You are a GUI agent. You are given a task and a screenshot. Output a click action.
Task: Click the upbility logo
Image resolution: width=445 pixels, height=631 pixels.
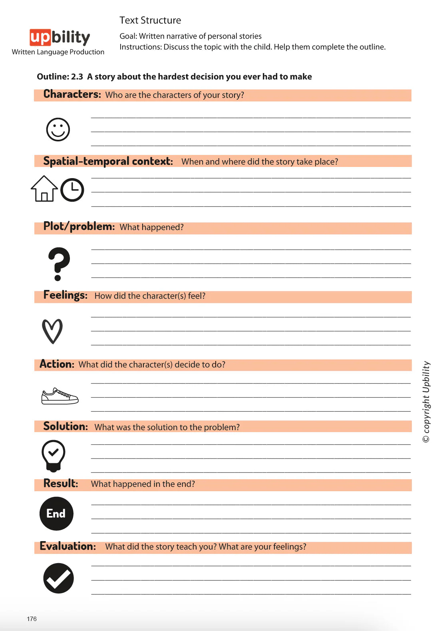(x=60, y=37)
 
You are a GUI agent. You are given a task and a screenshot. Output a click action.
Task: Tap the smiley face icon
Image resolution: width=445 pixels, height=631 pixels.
(x=58, y=129)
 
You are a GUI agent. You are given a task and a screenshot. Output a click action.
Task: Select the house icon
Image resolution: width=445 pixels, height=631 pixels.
(x=44, y=189)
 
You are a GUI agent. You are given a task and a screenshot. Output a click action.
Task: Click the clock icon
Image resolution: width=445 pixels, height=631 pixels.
(x=72, y=190)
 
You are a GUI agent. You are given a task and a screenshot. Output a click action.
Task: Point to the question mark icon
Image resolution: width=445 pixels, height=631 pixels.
(x=59, y=264)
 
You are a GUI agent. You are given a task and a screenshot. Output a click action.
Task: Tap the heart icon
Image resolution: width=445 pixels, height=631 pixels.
(x=52, y=331)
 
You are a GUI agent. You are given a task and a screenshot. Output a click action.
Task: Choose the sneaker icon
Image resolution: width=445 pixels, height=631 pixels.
(x=60, y=396)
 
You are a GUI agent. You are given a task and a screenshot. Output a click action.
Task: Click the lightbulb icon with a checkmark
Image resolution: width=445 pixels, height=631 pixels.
(x=53, y=456)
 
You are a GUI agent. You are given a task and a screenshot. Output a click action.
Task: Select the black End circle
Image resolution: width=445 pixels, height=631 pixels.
(x=56, y=514)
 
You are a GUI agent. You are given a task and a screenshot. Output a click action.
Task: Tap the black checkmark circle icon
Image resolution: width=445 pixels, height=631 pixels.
(x=58, y=578)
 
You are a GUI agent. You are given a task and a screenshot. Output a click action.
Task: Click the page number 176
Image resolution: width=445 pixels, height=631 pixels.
(x=32, y=619)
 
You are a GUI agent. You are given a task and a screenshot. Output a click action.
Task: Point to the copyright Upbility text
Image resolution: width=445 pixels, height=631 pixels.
(x=426, y=402)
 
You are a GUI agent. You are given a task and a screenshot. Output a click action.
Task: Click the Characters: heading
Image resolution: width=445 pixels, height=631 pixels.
(x=72, y=94)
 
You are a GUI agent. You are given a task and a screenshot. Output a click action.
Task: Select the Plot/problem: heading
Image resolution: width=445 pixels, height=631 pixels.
(x=79, y=226)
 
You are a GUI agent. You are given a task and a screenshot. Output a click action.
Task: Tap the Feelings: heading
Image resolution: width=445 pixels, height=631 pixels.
(x=65, y=295)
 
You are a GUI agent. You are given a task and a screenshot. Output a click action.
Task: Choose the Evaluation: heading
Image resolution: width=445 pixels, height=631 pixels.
(x=68, y=546)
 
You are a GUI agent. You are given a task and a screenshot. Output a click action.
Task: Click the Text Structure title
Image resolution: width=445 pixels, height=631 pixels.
(x=150, y=20)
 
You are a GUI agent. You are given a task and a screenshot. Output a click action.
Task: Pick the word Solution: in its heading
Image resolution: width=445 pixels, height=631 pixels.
(x=66, y=427)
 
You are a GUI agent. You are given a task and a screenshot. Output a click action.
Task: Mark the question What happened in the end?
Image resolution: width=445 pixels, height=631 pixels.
(x=143, y=484)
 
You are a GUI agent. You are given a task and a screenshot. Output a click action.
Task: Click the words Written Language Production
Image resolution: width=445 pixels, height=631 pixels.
(x=58, y=52)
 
